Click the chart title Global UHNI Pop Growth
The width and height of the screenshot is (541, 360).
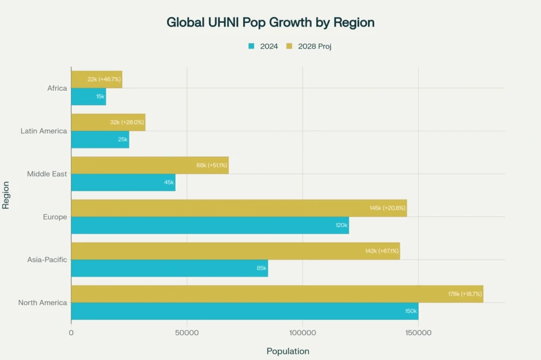point(270,23)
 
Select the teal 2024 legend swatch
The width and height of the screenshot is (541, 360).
point(251,46)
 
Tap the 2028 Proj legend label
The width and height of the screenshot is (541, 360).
point(314,46)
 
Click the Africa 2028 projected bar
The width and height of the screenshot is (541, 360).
point(96,79)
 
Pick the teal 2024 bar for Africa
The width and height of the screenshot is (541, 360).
point(88,97)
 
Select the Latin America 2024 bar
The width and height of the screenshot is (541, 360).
point(100,139)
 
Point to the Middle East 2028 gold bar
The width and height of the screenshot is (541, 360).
point(150,165)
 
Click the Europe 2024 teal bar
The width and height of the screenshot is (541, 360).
point(210,225)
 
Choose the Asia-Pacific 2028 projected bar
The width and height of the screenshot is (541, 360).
point(235,251)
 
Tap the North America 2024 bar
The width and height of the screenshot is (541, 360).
point(244,311)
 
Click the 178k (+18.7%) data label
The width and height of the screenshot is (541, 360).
point(465,294)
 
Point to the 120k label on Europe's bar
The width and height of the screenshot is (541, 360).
point(341,225)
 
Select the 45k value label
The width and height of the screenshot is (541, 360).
point(169,183)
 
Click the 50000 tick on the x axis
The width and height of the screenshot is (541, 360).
point(186,333)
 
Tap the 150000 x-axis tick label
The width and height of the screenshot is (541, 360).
point(418,333)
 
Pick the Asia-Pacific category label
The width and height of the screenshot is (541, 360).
point(47,260)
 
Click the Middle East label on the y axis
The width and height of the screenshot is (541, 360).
point(47,174)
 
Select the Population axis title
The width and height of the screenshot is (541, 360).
point(288,351)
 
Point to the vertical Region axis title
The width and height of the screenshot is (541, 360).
point(6,195)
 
